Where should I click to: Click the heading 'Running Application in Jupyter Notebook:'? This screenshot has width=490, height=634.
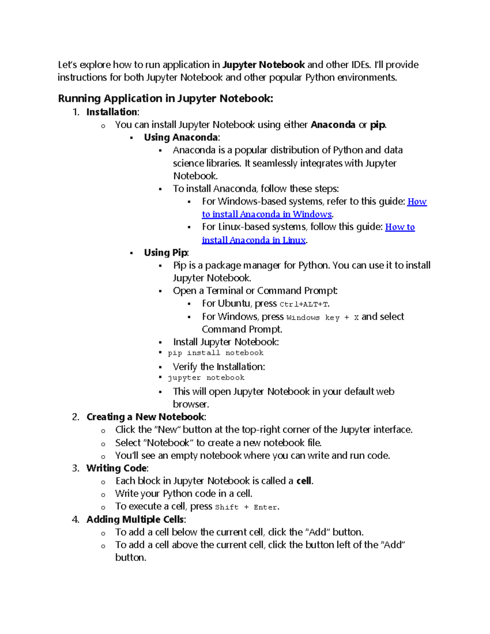click(x=165, y=98)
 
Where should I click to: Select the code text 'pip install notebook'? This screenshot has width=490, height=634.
click(x=216, y=353)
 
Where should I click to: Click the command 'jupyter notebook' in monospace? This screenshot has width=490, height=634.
click(x=206, y=378)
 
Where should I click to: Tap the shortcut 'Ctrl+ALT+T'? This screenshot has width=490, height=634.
click(x=304, y=304)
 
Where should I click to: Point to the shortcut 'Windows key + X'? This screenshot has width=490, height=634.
click(x=323, y=318)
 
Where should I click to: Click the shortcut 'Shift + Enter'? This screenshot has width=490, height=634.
click(x=247, y=507)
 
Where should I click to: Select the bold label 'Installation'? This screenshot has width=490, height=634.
click(x=112, y=112)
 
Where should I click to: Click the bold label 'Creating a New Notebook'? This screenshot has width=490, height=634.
click(x=145, y=417)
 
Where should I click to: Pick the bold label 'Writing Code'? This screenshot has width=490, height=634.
click(x=116, y=468)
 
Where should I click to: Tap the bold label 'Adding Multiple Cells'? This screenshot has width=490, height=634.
click(x=135, y=519)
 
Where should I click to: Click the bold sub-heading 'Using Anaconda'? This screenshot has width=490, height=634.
click(x=181, y=137)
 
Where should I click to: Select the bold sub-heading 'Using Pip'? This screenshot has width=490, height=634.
click(x=165, y=253)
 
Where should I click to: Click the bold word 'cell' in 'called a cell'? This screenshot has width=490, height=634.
click(x=304, y=481)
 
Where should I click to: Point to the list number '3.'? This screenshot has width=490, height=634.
click(x=76, y=468)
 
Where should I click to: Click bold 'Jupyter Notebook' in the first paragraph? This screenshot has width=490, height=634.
click(x=263, y=65)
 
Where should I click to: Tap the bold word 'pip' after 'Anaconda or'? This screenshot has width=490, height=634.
click(x=377, y=125)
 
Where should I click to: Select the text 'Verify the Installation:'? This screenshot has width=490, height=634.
click(x=219, y=367)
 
